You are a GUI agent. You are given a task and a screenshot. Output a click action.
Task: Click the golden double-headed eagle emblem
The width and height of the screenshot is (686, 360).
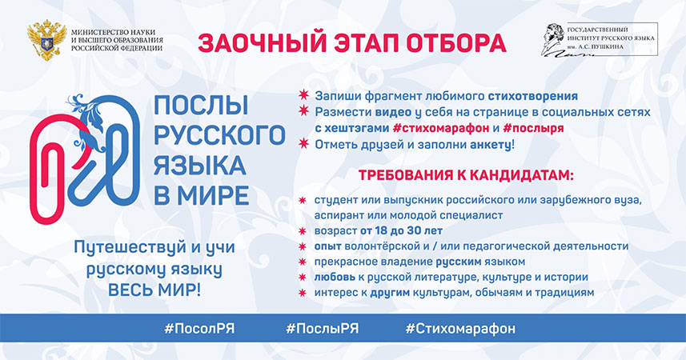click(x=46, y=40)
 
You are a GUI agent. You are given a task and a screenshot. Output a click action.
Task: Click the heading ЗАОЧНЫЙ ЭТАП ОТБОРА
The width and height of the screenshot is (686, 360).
click(x=351, y=43)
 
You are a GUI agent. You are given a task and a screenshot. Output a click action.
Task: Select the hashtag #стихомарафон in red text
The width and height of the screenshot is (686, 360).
click(x=440, y=128)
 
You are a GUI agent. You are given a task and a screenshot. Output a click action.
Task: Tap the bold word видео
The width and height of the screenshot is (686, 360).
click(x=393, y=113)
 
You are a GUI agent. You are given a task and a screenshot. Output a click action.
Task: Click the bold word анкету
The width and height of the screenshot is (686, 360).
click(x=491, y=145)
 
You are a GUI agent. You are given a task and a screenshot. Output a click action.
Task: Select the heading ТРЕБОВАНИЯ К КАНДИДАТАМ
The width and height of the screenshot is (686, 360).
click(x=466, y=176)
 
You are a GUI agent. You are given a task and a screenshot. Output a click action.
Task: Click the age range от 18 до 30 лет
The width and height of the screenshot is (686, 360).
click(x=401, y=230)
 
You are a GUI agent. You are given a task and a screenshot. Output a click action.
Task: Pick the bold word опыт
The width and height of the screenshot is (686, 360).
click(x=327, y=246)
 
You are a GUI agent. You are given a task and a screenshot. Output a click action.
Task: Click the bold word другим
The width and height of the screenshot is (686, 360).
click(x=390, y=293)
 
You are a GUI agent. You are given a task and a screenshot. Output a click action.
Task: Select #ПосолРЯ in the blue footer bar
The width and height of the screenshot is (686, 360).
click(x=199, y=329)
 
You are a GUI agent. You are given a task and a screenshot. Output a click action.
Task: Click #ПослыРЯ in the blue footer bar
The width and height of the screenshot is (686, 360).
click(x=323, y=329)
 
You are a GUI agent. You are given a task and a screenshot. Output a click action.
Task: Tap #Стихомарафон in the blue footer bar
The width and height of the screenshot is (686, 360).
click(x=460, y=329)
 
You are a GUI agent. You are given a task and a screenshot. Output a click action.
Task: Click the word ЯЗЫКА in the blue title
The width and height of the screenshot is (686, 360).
click(x=199, y=166)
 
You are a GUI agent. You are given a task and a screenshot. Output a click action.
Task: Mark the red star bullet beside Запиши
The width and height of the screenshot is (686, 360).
click(x=303, y=94)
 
